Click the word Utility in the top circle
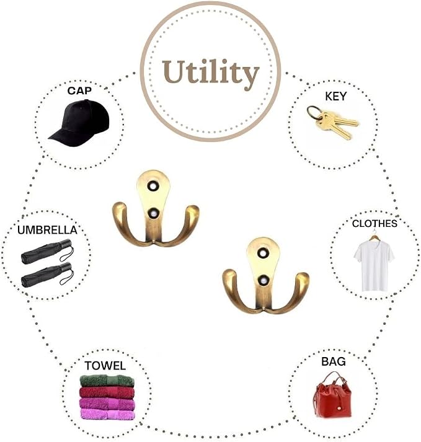pyautogui.click(x=211, y=74)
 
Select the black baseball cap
pyautogui.click(x=79, y=123)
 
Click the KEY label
pyautogui.click(x=335, y=97)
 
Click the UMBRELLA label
pyautogui.click(x=47, y=230)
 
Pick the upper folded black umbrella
pyautogui.click(x=47, y=251)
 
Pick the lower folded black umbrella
pyautogui.click(x=47, y=275)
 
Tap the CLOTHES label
pyautogui.click(x=374, y=224)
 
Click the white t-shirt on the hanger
pyautogui.click(x=374, y=265)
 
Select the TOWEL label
pyautogui.click(x=105, y=366)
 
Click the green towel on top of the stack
pyautogui.click(x=107, y=381)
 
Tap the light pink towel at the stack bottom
pyautogui.click(x=107, y=414)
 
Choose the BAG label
pyautogui.click(x=334, y=361)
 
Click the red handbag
pyautogui.click(x=333, y=396)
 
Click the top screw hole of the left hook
pyautogui.click(x=153, y=187)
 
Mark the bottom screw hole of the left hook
pyautogui.click(x=153, y=214)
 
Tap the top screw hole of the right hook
pyautogui.click(x=263, y=253)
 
